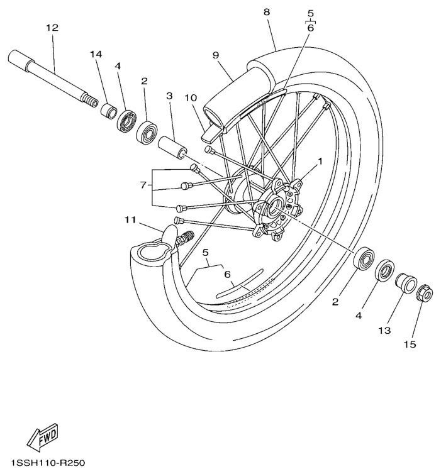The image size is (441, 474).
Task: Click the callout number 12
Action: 52,28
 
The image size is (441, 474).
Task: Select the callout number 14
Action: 96,55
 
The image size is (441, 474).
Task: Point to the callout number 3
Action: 169,96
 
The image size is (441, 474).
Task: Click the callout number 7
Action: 143,185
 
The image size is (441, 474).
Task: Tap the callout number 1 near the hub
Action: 320,162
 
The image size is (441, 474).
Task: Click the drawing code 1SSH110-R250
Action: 42,463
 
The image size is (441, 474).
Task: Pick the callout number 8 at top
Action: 266,12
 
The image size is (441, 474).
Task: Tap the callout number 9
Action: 216,55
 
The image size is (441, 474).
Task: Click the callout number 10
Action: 191,99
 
